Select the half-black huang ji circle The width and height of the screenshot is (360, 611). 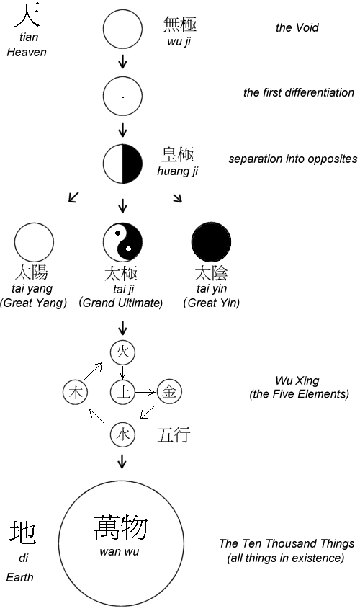[122, 164]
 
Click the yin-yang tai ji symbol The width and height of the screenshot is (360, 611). [122, 242]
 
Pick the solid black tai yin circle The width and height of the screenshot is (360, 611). [212, 242]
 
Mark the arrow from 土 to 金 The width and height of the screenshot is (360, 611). [145, 393]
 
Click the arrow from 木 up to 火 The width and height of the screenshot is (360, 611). [94, 370]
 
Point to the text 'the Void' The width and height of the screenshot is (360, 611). [297, 27]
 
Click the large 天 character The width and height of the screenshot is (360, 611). [27, 15]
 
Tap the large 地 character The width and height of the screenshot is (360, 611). [23, 532]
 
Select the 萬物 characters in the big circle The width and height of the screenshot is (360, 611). [121, 527]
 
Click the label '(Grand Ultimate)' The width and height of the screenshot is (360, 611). [121, 303]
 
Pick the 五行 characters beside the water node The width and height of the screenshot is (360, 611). [174, 434]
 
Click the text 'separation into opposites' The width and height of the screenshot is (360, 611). [292, 159]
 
